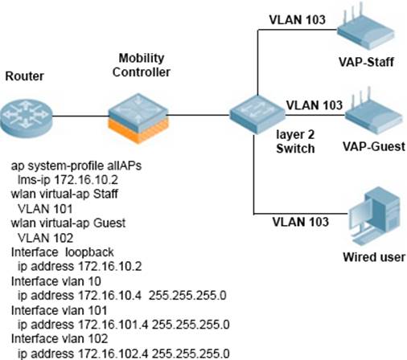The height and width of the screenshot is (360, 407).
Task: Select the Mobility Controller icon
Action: [x=138, y=118]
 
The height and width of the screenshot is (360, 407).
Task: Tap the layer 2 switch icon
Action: [x=257, y=114]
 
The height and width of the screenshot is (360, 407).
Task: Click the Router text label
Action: [x=24, y=76]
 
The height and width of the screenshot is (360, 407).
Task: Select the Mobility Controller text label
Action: [x=142, y=65]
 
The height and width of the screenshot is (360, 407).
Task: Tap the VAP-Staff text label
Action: [x=366, y=62]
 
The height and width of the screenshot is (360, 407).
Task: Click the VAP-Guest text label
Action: [x=374, y=146]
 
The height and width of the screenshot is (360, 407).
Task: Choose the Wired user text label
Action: [x=374, y=257]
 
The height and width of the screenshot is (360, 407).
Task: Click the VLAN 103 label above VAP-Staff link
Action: [x=298, y=19]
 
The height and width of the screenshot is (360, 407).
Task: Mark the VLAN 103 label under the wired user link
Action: [x=301, y=222]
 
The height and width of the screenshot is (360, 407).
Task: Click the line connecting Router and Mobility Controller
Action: [x=80, y=116]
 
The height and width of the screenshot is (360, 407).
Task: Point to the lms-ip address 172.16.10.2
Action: [x=86, y=180]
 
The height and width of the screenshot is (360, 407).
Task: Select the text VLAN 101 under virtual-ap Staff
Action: [x=45, y=209]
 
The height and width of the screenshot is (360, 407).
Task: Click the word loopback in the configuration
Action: [x=89, y=252]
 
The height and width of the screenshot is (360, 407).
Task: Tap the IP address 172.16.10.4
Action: [x=109, y=296]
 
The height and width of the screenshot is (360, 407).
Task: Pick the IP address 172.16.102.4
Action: [x=113, y=354]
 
